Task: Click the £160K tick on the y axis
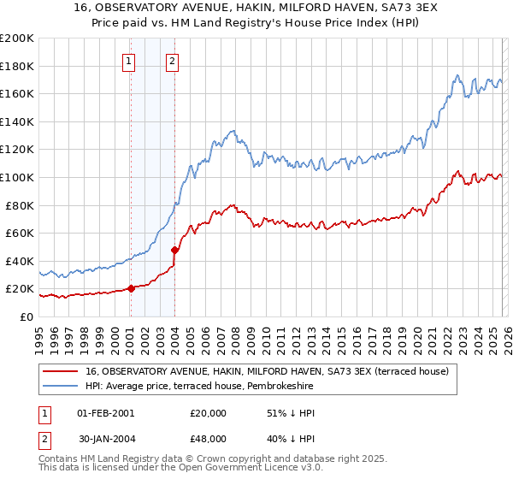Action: click(x=17, y=93)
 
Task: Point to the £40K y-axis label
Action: click(x=20, y=261)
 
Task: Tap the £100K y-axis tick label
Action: click(x=17, y=177)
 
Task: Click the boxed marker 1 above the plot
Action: click(x=129, y=61)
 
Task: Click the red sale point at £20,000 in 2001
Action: click(x=131, y=289)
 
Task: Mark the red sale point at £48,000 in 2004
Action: click(x=175, y=250)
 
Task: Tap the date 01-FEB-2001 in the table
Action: click(x=106, y=413)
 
